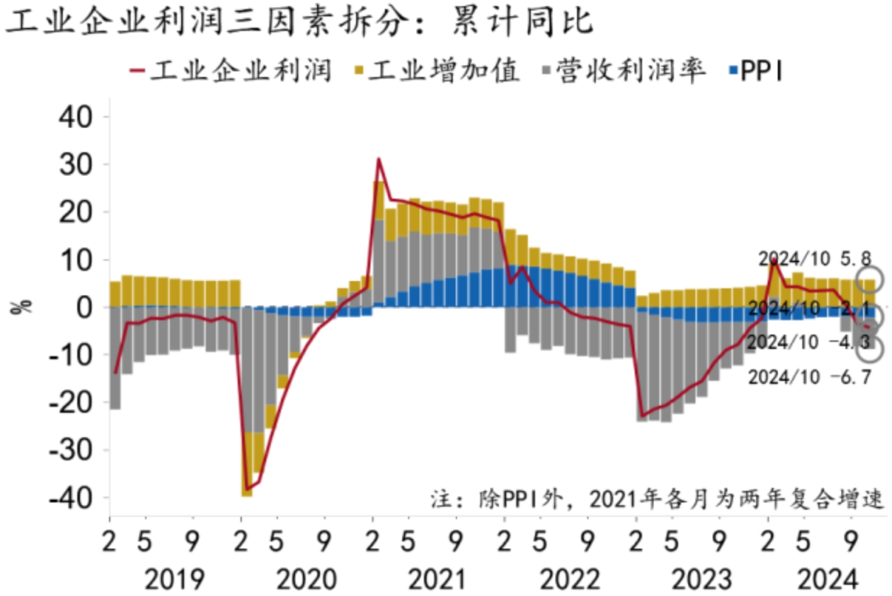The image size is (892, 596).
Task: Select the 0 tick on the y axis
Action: [91, 308]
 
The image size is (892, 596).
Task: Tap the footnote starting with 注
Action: [657, 499]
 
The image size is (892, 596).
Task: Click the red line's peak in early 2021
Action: [378, 159]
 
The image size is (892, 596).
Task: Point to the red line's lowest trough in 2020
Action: [247, 488]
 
